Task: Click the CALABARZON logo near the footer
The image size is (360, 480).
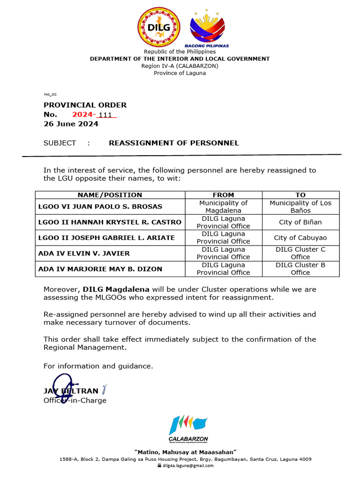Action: pyautogui.click(x=188, y=429)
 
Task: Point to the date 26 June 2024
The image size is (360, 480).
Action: pyautogui.click(x=71, y=124)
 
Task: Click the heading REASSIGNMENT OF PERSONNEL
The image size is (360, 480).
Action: pyautogui.click(x=173, y=143)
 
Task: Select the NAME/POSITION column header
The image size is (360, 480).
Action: pyautogui.click(x=110, y=195)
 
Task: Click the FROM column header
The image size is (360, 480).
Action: pyautogui.click(x=223, y=195)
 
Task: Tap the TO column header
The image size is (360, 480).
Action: pyautogui.click(x=300, y=195)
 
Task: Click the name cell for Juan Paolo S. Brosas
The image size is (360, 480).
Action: pyautogui.click(x=100, y=207)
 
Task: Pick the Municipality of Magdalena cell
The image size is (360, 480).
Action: pyautogui.click(x=223, y=207)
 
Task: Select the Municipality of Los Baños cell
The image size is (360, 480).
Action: pyautogui.click(x=300, y=207)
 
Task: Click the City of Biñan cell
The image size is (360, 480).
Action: pyautogui.click(x=300, y=222)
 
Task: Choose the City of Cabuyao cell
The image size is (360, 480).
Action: pyautogui.click(x=300, y=238)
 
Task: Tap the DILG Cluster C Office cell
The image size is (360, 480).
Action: pyautogui.click(x=300, y=253)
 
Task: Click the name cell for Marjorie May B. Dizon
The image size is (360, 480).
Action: pyautogui.click(x=100, y=269)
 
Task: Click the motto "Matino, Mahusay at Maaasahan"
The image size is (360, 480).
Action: pyautogui.click(x=185, y=451)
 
